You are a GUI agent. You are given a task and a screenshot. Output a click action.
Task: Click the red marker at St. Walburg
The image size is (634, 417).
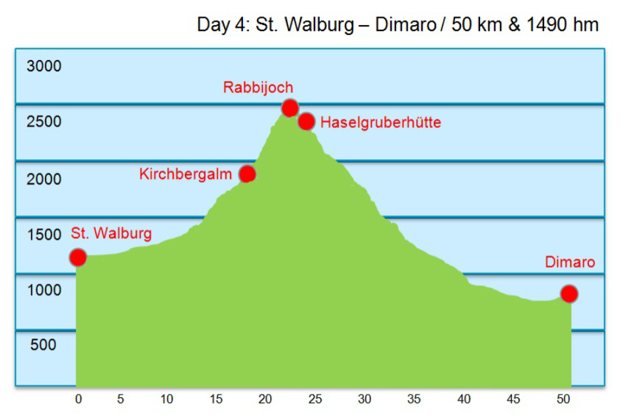point(78,257)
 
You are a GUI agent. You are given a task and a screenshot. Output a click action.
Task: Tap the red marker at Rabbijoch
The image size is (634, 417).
point(289,108)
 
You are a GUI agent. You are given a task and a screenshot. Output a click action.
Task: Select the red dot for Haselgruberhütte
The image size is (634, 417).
point(306,121)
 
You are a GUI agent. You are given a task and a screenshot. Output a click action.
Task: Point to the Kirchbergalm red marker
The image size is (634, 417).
point(247,174)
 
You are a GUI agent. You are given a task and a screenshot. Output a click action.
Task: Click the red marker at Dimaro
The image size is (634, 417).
point(569,294)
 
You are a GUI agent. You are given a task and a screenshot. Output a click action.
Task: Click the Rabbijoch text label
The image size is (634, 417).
point(258,87)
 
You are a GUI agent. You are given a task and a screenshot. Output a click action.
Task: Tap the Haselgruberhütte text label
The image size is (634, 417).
point(380,123)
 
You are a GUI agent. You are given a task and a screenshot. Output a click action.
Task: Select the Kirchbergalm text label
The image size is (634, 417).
point(186,174)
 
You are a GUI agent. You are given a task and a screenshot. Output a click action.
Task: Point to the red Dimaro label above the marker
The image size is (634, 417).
point(569,262)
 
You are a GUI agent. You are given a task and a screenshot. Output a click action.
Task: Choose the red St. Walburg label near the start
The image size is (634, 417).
point(111,233)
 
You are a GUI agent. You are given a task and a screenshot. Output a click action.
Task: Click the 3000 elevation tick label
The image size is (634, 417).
point(44,66)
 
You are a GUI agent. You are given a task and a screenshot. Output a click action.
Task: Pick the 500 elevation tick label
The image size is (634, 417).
point(44,344)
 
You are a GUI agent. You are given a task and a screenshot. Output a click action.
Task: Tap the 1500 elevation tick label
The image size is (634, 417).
point(44,235)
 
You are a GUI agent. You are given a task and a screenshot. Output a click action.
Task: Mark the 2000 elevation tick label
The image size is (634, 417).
point(44,179)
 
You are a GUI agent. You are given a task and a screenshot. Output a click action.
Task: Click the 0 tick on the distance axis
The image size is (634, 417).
point(79,399)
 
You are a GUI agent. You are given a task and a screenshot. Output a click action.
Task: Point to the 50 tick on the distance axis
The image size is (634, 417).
point(563,399)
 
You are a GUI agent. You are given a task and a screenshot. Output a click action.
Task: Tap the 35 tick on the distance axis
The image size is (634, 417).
point(414,399)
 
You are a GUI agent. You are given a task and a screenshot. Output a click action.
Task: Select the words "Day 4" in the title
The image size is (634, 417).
point(218,26)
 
